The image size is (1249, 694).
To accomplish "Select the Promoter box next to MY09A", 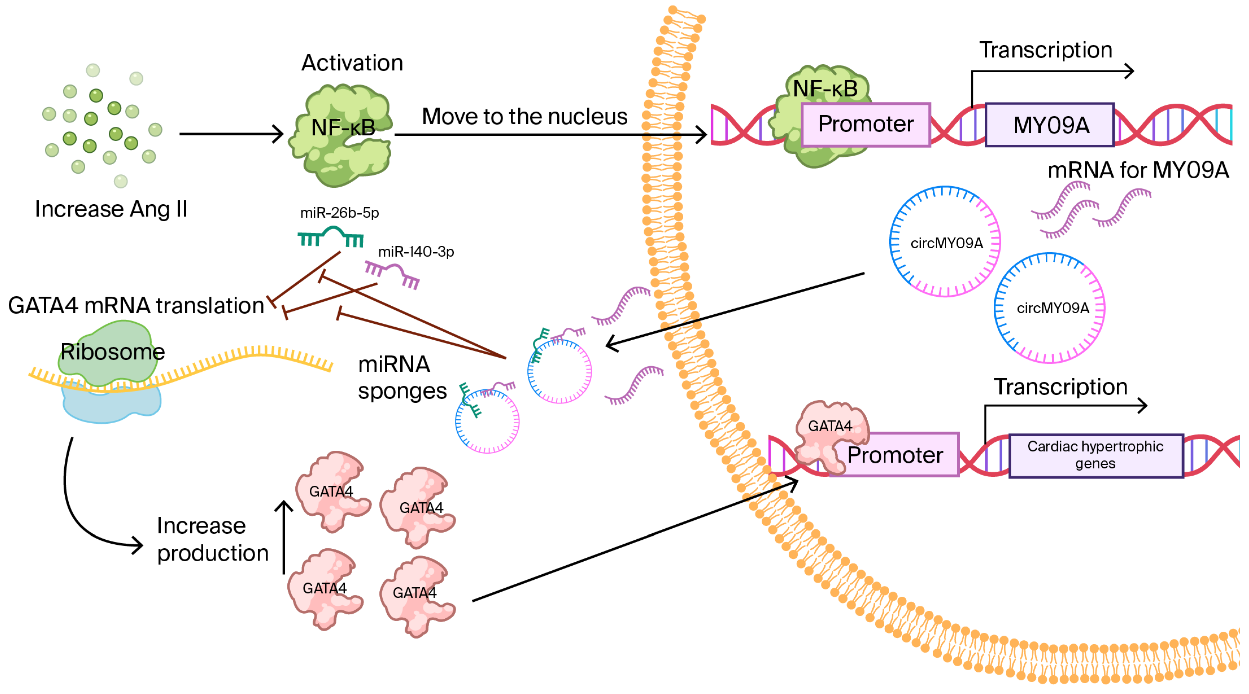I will [x=866, y=124].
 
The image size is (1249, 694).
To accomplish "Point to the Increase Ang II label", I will [x=111, y=209].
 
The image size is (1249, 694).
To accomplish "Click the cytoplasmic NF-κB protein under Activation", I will [x=342, y=136].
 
